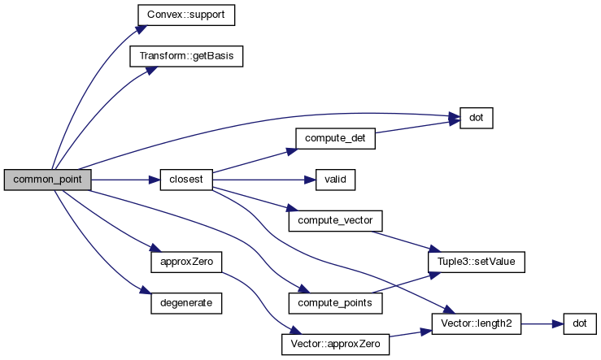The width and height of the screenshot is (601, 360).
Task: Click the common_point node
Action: (x=47, y=180)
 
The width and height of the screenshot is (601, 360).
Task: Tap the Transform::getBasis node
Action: (x=186, y=57)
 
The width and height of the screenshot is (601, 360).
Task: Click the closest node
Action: (x=186, y=180)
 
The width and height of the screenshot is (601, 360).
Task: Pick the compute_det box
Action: (x=334, y=138)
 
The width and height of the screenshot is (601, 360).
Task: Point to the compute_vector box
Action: (x=334, y=220)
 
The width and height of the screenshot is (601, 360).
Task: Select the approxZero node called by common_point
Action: (x=186, y=262)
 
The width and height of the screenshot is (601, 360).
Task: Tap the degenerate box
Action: (x=186, y=302)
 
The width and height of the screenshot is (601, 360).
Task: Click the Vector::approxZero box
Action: (x=334, y=344)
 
